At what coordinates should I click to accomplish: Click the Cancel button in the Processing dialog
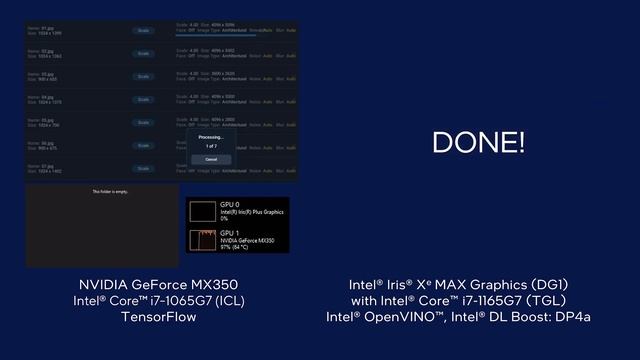pos(211,159)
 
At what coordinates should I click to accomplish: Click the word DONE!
pos(478,142)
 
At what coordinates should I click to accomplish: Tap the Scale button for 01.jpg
pos(143,31)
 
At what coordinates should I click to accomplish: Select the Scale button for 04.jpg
pos(143,99)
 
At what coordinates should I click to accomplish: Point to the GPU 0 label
pos(230,204)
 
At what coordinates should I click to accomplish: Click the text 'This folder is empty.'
pos(110,191)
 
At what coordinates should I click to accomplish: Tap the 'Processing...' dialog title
pos(211,137)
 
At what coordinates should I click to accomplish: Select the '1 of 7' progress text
pos(211,147)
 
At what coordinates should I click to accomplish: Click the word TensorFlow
pos(159,317)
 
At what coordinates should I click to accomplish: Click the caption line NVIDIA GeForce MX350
pos(159,284)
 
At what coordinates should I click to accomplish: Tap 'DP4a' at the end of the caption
pos(573,317)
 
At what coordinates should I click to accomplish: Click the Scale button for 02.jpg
pos(143,53)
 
